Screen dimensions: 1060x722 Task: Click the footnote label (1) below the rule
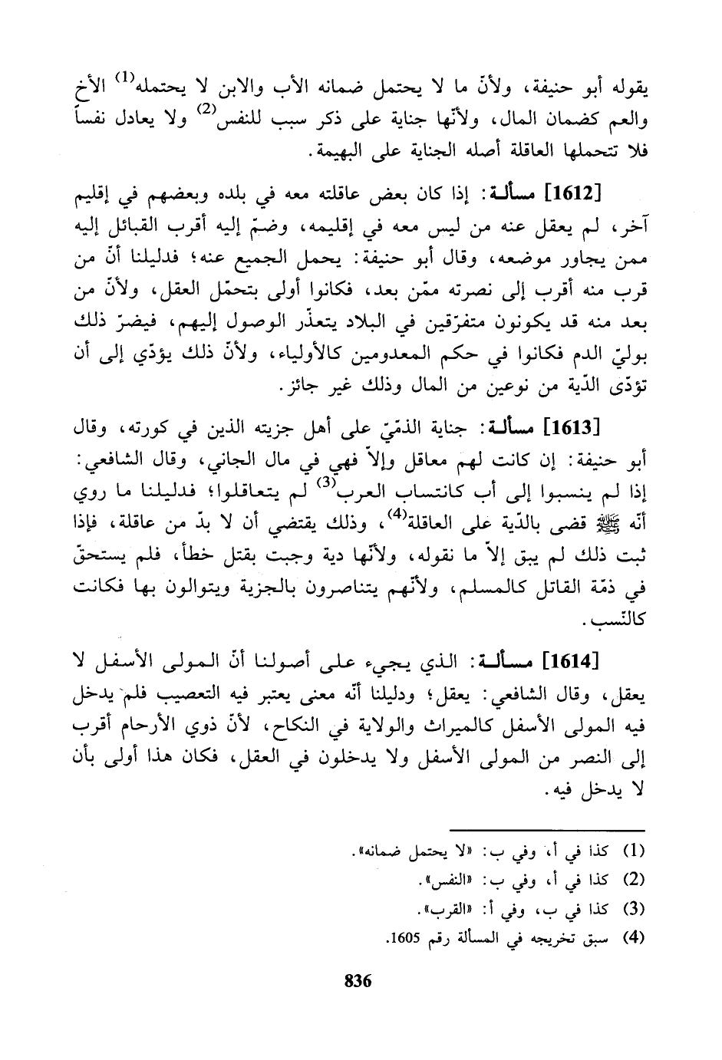(631, 851)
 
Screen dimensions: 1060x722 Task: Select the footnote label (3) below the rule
(631, 910)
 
